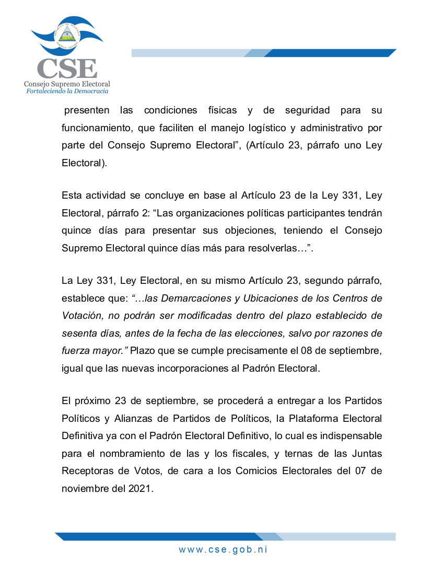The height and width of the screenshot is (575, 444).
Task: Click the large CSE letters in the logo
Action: coord(66,68)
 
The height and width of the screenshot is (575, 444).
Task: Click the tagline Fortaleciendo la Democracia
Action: coord(67,91)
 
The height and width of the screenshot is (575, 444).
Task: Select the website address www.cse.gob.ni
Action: coord(223,549)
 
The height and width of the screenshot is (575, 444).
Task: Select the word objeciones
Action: coord(270,231)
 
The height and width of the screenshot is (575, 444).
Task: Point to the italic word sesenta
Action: coord(79,333)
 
